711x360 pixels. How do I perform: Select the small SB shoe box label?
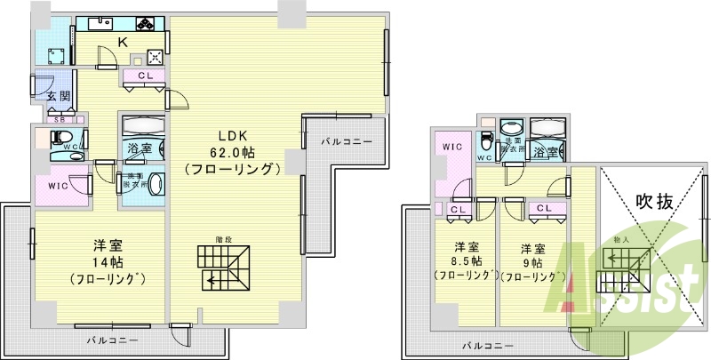pos(60,118)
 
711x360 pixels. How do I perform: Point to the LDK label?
pos(232,132)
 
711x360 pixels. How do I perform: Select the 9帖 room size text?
pos(531,261)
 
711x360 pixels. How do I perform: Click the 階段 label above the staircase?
pos(224,238)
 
